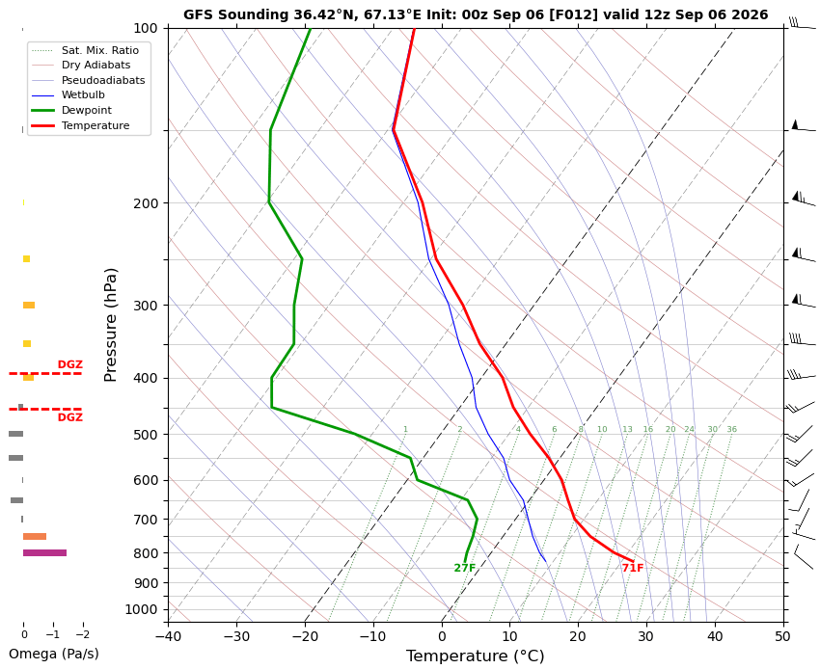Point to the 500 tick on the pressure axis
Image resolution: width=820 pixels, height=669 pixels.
pyautogui.click(x=146, y=435)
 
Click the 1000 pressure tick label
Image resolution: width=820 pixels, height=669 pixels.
pyautogui.click(x=142, y=609)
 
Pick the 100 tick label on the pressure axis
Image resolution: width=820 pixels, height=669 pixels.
pyautogui.click(x=146, y=28)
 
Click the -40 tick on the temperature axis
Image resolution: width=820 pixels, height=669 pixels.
pyautogui.click(x=168, y=636)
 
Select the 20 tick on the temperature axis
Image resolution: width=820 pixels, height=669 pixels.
pyautogui.click(x=578, y=636)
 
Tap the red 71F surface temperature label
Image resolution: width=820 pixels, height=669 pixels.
pyautogui.click(x=633, y=568)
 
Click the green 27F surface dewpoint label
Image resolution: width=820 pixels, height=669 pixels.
pyautogui.click(x=465, y=568)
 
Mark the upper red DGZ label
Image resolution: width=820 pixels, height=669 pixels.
pyautogui.click(x=70, y=364)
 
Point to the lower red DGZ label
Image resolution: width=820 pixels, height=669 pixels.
pyautogui.click(x=70, y=417)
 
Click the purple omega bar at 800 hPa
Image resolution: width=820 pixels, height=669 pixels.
pyautogui.click(x=44, y=553)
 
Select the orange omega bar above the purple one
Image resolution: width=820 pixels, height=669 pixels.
pyautogui.click(x=35, y=536)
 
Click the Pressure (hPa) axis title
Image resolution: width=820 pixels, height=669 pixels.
pyautogui.click(x=110, y=325)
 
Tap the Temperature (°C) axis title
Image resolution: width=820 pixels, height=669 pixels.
pyautogui.click(x=475, y=656)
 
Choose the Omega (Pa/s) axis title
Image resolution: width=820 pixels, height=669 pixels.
pyautogui.click(x=54, y=654)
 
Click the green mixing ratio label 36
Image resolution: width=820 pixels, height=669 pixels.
pyautogui.click(x=731, y=430)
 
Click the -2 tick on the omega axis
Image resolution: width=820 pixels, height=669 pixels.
pyautogui.click(x=83, y=635)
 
